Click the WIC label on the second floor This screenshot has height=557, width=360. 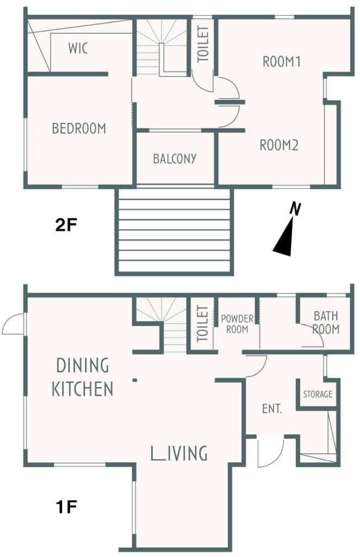78,48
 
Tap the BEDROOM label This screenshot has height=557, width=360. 79,128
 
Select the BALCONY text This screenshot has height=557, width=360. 175,158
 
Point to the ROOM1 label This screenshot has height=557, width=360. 282,61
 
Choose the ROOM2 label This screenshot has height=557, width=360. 279,145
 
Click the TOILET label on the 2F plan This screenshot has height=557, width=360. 203,44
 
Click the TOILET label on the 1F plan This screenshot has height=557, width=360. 202,324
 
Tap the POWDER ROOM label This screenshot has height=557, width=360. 237,324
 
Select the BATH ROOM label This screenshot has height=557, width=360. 326,323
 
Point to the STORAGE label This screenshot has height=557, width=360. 318,394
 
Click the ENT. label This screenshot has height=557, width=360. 272,409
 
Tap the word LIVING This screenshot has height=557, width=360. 179,453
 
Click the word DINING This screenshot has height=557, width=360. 83,365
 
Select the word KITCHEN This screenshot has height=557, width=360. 82,388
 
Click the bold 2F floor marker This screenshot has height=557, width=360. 66,225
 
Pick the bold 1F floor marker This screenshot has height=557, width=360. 66,506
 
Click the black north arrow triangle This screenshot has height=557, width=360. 285,240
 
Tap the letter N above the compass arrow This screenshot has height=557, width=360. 295,208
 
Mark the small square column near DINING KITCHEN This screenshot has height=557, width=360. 134,380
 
